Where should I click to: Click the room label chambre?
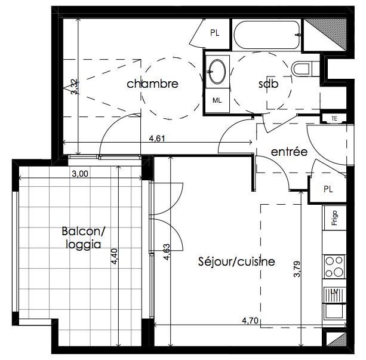[x=152, y=84]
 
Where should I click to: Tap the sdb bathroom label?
[x=269, y=84]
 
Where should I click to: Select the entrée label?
[x=289, y=152]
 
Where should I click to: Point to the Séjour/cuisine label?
[x=236, y=261]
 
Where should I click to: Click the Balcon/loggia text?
[x=84, y=238]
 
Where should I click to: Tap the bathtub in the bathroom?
[x=266, y=35]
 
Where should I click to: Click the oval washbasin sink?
[x=217, y=72]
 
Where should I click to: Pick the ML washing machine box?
[x=217, y=100]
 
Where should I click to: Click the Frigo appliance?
[x=334, y=218]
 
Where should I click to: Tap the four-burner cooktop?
[x=334, y=267]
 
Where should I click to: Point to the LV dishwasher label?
[x=334, y=292]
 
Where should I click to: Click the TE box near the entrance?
[x=334, y=119]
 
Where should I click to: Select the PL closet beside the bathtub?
[x=215, y=33]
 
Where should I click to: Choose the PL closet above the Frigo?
[x=328, y=189]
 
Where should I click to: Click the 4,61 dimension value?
[x=157, y=139]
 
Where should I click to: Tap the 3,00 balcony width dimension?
[x=80, y=174]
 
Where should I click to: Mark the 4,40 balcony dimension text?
[x=115, y=257]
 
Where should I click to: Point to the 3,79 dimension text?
[x=297, y=269]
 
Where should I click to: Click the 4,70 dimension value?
[x=250, y=321]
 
